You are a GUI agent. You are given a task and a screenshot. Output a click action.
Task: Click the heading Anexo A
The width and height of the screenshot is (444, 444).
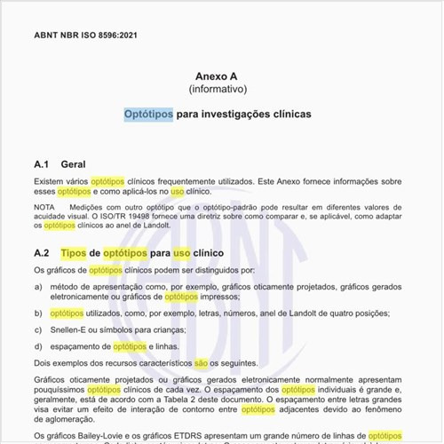(x=218, y=76)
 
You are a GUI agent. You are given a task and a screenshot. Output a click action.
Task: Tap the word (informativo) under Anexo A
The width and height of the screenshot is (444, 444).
(x=218, y=90)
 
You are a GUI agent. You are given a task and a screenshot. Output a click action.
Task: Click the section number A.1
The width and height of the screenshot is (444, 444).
(x=41, y=164)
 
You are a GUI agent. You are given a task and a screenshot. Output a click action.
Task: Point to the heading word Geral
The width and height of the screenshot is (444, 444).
(x=73, y=164)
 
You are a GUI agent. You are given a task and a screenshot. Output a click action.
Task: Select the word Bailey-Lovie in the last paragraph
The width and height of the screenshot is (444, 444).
(x=98, y=435)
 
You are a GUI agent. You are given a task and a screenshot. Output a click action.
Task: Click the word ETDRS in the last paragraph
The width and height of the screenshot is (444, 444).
(x=186, y=435)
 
